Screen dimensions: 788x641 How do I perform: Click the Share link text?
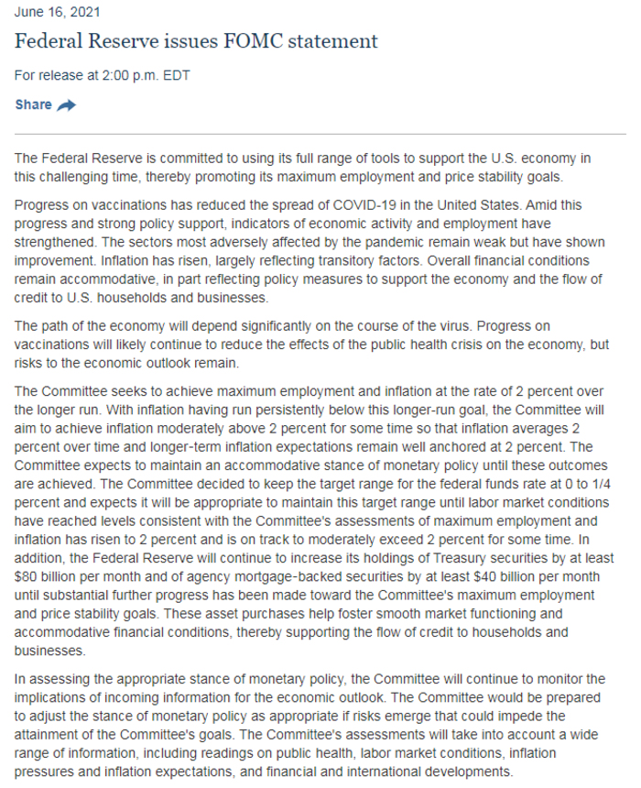[x=33, y=104]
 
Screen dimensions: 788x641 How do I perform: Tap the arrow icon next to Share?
[x=67, y=105]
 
